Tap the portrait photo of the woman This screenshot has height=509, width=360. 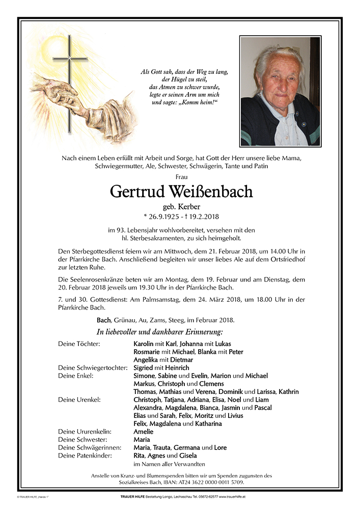point(280,91)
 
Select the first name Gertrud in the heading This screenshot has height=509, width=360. point(134,192)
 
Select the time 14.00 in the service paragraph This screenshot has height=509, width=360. point(287,252)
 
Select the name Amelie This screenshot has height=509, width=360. point(143,432)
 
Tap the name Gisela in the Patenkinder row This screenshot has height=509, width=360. point(187,456)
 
